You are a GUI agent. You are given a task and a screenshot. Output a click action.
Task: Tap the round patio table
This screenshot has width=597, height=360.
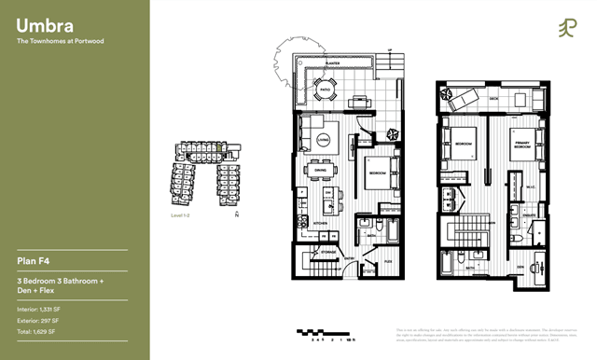326,90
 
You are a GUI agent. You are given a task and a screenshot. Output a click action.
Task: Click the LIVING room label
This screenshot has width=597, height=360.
323,140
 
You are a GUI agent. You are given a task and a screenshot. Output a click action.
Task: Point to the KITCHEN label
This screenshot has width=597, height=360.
320,225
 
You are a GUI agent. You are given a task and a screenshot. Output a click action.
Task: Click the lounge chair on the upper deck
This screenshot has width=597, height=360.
464,98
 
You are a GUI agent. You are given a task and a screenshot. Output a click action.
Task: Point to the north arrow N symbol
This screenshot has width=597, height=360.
237,216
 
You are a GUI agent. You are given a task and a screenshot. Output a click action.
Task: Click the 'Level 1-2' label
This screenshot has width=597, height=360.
181,215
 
